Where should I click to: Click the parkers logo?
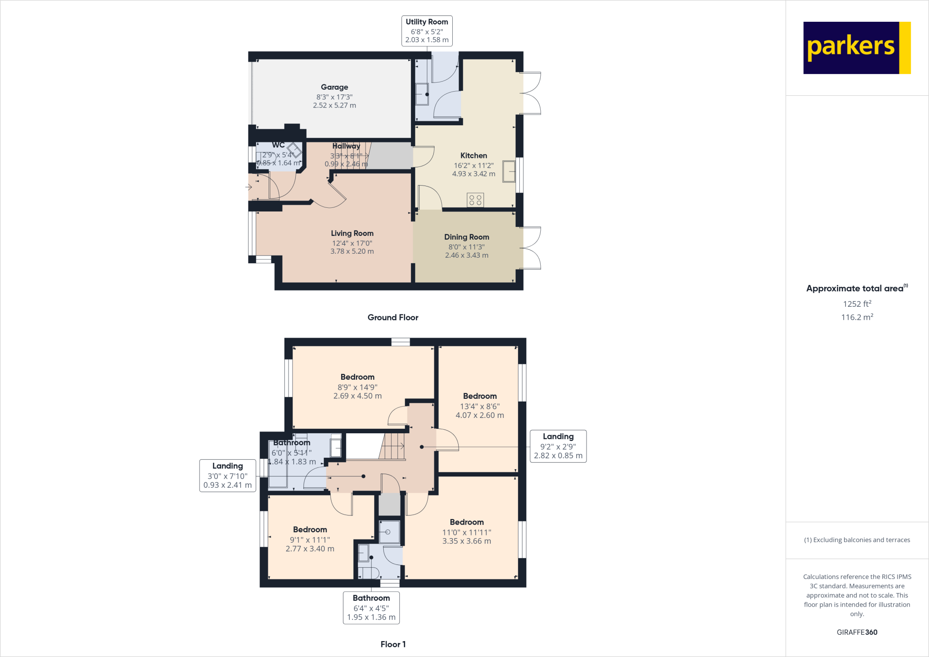click(x=856, y=48)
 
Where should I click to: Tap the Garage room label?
click(x=334, y=87)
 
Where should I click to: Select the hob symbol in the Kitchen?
click(x=475, y=200)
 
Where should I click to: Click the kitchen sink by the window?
click(x=509, y=172)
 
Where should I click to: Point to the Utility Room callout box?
click(x=426, y=31)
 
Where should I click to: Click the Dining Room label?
click(x=466, y=237)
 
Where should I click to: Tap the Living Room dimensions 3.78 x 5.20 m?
click(x=352, y=251)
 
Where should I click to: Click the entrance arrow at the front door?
click(x=249, y=187)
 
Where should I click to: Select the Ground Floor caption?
click(x=393, y=318)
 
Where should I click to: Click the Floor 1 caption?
click(x=393, y=644)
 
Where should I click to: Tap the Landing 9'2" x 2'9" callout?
click(x=558, y=446)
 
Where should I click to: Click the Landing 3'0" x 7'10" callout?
click(x=227, y=476)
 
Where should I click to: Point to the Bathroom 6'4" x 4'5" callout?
click(x=371, y=608)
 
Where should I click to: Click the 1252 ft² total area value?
click(x=856, y=304)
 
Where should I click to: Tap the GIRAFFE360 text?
click(x=856, y=632)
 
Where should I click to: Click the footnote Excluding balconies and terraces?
click(x=856, y=540)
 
